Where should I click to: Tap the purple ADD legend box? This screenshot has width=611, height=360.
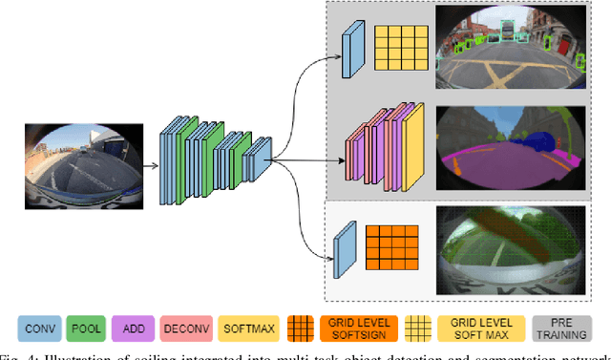pos(136,328)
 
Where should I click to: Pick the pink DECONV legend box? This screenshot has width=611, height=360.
pos(188,328)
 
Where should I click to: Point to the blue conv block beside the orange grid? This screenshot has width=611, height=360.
pos(345,244)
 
